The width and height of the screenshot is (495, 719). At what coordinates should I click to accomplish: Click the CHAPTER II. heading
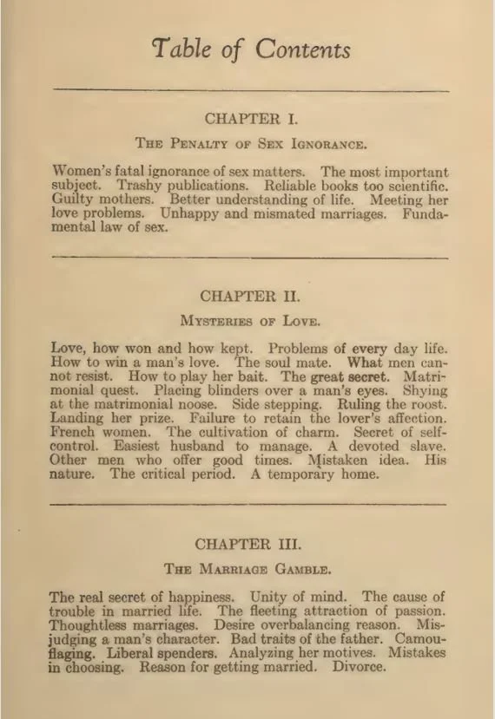(249, 296)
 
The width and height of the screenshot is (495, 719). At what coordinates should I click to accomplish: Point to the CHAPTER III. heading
(248, 544)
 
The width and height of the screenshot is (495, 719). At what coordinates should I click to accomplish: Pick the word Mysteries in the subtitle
(219, 320)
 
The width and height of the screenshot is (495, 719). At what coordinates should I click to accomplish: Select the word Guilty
(73, 200)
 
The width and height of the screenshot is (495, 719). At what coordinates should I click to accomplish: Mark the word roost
(426, 406)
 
